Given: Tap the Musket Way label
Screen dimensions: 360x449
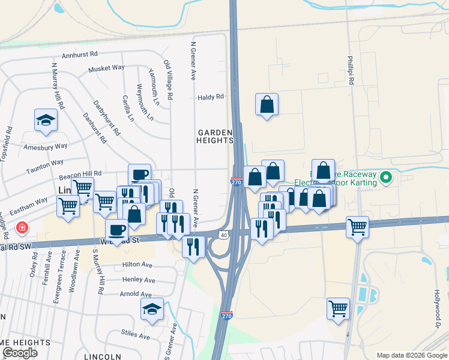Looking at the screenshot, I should pos(106,69).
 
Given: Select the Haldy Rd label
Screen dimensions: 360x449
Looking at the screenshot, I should pos(211,96).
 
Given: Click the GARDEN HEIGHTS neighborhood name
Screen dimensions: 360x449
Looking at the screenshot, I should pos(214,136).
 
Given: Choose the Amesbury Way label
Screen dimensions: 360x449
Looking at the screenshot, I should pos(45,146).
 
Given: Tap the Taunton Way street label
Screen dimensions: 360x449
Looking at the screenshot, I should pos(44,163).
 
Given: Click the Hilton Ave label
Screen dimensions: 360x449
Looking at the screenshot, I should pos(138,264).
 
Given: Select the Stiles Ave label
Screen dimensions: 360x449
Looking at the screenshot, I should pos(135,336).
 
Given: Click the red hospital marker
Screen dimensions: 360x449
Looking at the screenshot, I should pos(22,228).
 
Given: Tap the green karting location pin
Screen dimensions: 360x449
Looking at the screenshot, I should pos(386,178).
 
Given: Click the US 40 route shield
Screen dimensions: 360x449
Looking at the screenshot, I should pos(224,235).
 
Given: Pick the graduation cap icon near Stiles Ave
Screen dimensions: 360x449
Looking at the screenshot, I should pos(152,310).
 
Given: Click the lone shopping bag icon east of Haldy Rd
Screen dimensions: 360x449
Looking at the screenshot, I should pos(267,104).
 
